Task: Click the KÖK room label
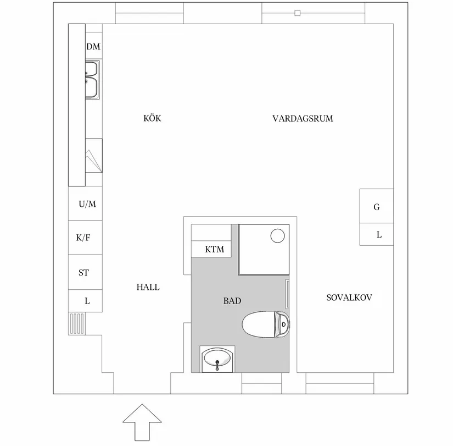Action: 152,118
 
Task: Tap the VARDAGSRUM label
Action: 303,118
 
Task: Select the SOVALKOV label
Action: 349,298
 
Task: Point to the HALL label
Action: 148,287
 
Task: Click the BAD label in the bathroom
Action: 232,301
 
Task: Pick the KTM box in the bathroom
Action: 214,249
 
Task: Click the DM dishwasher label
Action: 93,47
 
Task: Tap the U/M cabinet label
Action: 87,204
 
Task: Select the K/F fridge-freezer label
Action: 84,238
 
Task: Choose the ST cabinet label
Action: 83,272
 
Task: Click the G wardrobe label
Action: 376,207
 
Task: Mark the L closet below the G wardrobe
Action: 378,235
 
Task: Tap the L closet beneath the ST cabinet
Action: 86,301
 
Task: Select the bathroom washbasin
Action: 217,360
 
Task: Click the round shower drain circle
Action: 278,236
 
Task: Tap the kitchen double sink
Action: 91,80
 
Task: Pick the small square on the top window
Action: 298,13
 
